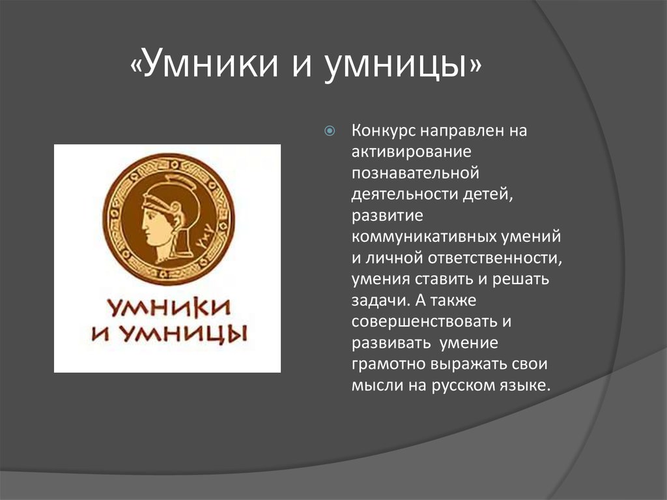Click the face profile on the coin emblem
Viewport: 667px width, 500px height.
click(x=154, y=222)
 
